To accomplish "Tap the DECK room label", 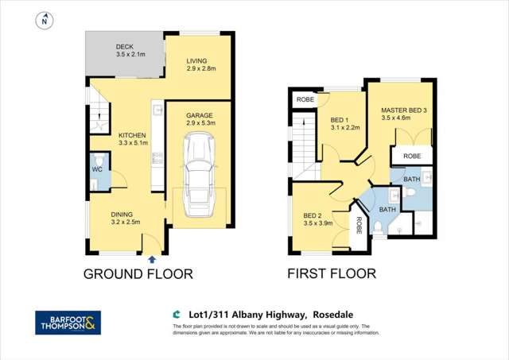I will click(x=124, y=47).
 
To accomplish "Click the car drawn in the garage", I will click(x=196, y=175).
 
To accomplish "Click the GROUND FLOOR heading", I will click(x=139, y=275).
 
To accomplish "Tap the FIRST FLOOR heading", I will click(x=332, y=275).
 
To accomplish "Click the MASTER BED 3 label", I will click(x=404, y=110).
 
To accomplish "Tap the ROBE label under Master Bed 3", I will click(x=412, y=157).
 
